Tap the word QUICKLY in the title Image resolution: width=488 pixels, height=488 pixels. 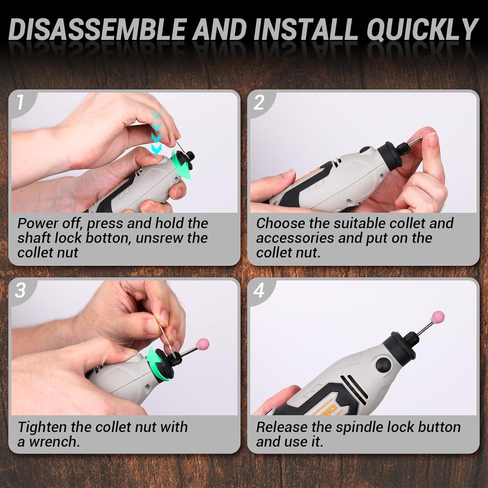(x=422, y=29)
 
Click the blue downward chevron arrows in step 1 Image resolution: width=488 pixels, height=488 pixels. (x=156, y=132)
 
